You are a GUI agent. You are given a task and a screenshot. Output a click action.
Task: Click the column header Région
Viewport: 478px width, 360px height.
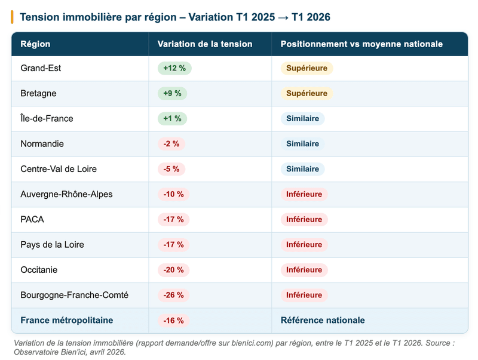click(35, 44)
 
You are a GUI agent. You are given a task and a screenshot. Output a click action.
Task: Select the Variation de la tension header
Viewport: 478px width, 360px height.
click(204, 44)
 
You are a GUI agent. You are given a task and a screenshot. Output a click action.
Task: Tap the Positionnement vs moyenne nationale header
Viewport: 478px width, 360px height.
click(361, 44)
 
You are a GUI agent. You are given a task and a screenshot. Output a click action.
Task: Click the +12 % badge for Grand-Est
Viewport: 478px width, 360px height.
click(174, 68)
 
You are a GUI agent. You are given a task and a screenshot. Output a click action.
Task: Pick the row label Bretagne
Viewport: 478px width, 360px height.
click(38, 93)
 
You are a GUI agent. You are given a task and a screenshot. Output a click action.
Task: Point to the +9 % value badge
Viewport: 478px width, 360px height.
click(172, 93)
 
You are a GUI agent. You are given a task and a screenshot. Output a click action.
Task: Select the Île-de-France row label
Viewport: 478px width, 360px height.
click(47, 118)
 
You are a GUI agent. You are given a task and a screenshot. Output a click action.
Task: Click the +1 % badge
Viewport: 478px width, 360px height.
click(172, 118)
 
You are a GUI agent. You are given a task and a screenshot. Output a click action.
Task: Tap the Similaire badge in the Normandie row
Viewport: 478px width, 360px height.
click(302, 144)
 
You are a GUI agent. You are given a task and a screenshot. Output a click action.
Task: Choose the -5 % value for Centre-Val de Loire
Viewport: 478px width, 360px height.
click(171, 169)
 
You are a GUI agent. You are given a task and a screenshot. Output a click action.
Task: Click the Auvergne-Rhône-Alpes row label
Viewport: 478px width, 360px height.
click(66, 194)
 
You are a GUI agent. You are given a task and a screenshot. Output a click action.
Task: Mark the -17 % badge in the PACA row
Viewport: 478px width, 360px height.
click(173, 219)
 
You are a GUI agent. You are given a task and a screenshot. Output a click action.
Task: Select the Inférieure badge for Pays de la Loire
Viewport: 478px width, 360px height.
click(304, 244)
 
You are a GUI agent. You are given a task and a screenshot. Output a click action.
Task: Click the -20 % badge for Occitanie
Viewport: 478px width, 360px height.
click(173, 270)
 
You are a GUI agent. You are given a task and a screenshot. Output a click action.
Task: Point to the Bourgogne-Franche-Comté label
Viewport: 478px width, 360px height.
click(74, 295)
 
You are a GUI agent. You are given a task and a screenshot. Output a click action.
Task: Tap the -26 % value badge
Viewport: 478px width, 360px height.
click(173, 295)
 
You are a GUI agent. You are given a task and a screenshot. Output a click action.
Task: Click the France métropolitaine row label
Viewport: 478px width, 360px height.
click(66, 320)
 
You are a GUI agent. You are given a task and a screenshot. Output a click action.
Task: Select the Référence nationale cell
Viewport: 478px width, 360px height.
click(323, 320)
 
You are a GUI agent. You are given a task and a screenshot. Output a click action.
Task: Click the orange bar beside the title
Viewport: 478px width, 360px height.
click(12, 17)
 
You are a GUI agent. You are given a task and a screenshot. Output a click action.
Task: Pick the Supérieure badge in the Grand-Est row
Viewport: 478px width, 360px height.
click(307, 68)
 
